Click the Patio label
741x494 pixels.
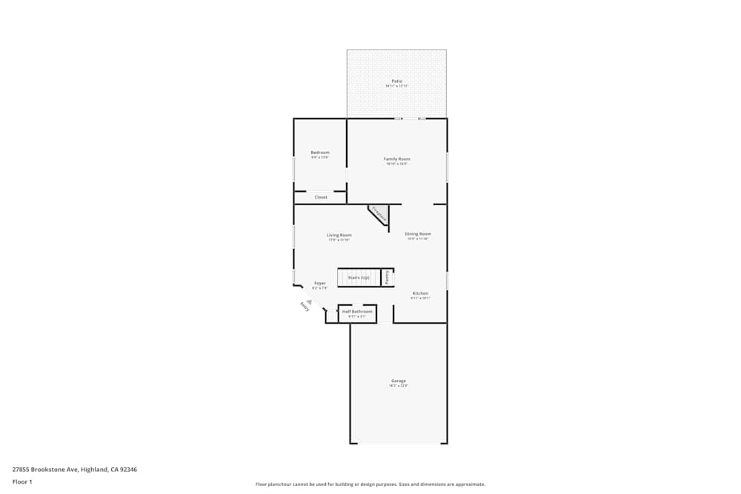(x=396, y=81)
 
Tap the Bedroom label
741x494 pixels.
(x=320, y=153)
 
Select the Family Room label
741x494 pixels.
(x=397, y=158)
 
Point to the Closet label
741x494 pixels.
(x=321, y=197)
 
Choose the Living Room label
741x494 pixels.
(x=339, y=235)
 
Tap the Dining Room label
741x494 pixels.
(x=418, y=234)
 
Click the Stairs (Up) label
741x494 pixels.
(x=359, y=278)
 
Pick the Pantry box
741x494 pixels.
(x=387, y=277)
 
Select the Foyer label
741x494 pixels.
(x=320, y=283)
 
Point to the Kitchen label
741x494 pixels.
(x=420, y=293)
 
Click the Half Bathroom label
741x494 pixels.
(x=357, y=312)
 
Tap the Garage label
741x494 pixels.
(x=399, y=381)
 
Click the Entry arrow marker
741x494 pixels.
(x=310, y=301)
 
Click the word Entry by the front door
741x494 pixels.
(x=305, y=306)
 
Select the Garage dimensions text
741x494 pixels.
(x=399, y=386)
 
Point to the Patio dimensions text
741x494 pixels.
(x=396, y=86)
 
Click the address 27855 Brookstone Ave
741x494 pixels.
(x=74, y=469)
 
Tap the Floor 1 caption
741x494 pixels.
(x=22, y=481)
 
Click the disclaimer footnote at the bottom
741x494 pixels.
(x=370, y=484)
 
